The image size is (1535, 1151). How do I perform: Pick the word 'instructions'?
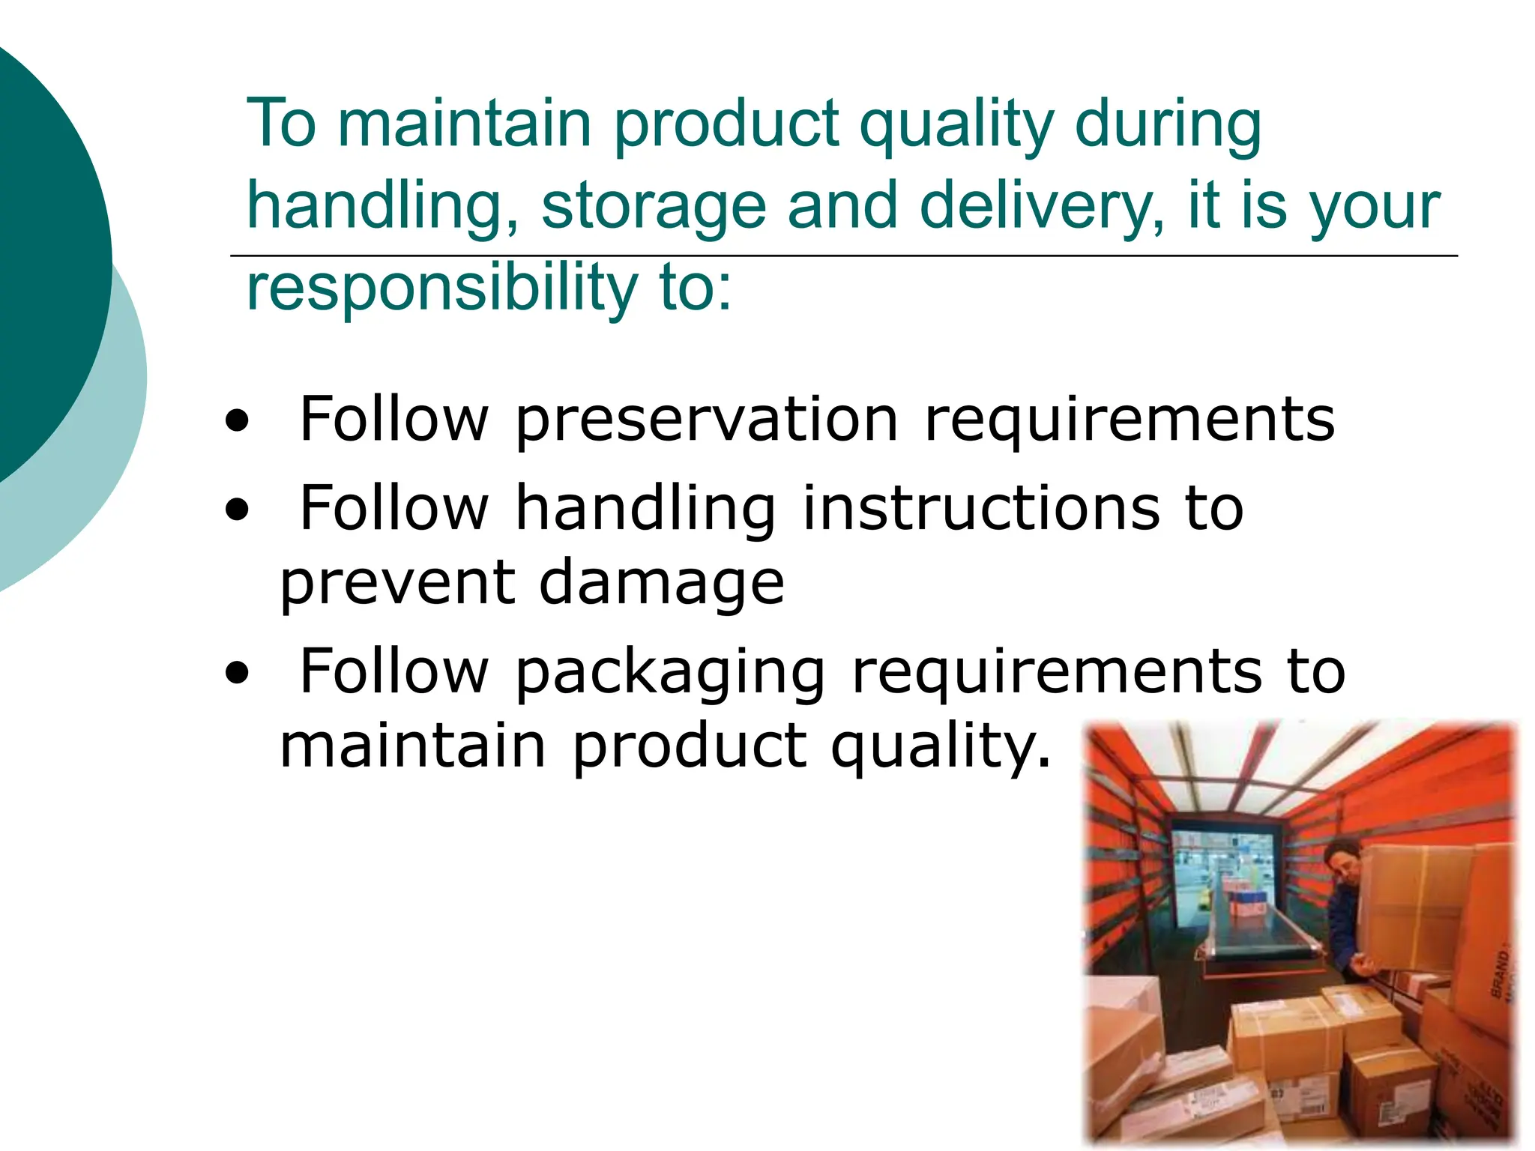(x=980, y=510)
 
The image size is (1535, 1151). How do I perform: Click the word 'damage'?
(x=662, y=584)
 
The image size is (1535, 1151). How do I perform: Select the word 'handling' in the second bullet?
(x=645, y=510)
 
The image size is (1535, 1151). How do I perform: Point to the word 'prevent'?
(x=398, y=584)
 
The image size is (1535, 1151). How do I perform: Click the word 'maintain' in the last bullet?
(x=413, y=746)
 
